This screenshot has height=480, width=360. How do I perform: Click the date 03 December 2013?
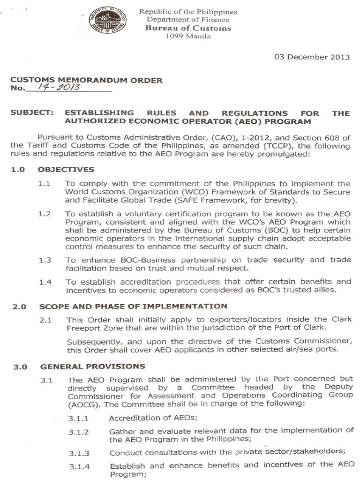[312, 57]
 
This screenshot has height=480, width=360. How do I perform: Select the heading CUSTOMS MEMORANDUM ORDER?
[87, 80]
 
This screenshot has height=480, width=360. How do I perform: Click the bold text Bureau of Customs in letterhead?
[188, 28]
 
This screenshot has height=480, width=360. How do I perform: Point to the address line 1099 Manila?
[188, 36]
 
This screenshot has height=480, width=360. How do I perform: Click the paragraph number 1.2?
[45, 213]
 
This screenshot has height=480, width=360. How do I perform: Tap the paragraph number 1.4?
[45, 282]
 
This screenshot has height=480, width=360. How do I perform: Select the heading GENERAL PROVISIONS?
[92, 366]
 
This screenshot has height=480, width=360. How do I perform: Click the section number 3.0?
[19, 366]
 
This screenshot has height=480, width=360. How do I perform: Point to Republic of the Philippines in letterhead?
[188, 12]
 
